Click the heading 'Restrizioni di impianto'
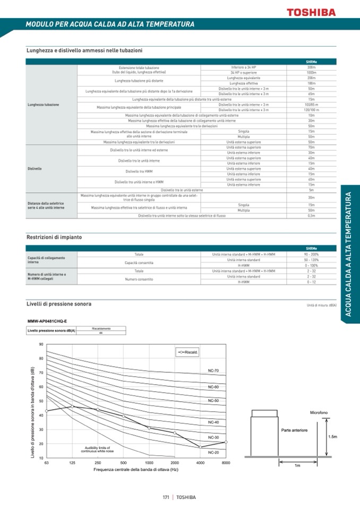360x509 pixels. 54,237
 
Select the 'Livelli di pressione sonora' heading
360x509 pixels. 59,304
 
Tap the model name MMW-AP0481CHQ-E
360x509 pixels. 47,321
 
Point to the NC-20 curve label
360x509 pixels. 213,452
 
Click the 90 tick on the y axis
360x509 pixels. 41,344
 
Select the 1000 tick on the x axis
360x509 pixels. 149,463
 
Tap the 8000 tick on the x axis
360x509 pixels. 226,463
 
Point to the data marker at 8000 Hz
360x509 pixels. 226,442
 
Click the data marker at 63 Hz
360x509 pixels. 46,411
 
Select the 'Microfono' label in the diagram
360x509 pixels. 319,412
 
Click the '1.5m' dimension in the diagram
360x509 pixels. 332,436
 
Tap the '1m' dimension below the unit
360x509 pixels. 297,465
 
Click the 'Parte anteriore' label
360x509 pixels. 294,430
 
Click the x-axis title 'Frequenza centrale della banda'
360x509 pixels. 136,470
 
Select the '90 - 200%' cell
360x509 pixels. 311,255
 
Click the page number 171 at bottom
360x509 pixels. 166,497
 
